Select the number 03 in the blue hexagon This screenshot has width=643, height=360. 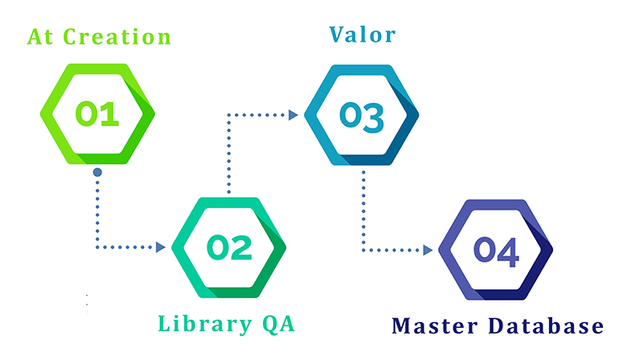point(361,115)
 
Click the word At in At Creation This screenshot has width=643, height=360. point(41,37)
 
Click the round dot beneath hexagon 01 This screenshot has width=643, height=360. point(97,172)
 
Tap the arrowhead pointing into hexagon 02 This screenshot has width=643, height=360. point(161,247)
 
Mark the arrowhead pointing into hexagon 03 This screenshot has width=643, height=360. point(293,115)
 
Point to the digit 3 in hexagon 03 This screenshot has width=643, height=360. point(374,115)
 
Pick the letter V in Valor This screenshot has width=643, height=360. point(338,35)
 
